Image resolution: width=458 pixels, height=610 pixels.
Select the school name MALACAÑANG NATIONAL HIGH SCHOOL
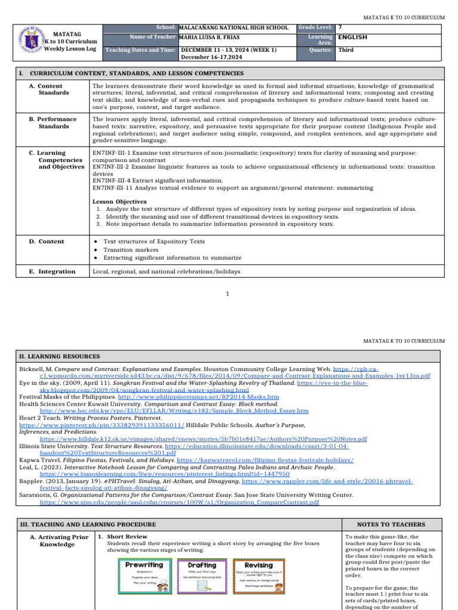coord(233,28)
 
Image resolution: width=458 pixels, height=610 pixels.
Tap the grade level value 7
coord(340,27)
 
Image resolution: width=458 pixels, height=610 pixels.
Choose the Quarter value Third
coord(346,50)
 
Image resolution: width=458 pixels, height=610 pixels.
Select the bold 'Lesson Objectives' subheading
coord(119,202)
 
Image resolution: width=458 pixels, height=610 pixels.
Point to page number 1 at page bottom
coord(228,294)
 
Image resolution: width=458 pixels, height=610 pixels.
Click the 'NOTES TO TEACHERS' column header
coord(391,524)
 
